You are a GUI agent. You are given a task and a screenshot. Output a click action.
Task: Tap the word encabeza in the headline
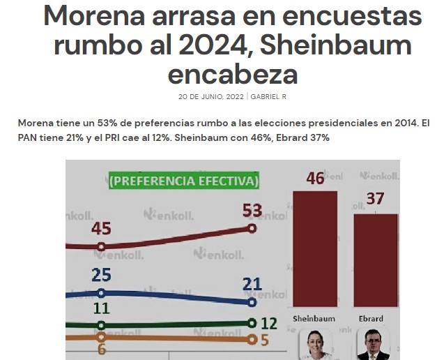pos(233,73)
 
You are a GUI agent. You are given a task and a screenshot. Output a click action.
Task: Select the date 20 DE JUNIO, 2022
pos(211,96)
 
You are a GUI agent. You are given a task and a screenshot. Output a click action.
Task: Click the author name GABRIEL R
pos(268,96)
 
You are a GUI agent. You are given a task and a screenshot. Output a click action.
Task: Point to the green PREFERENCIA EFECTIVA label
pos(183,181)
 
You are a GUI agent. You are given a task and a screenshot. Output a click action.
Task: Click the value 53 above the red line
pos(252,210)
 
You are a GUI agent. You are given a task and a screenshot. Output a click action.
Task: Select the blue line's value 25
pos(102,275)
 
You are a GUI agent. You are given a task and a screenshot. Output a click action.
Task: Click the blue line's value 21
pos(252,283)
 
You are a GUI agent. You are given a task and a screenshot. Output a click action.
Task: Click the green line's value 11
pos(102,308)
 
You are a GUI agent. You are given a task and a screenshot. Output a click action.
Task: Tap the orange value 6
pos(102,349)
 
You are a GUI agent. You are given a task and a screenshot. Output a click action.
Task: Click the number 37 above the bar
pos(376,199)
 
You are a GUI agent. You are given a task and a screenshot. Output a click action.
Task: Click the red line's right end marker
pos(252,228)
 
